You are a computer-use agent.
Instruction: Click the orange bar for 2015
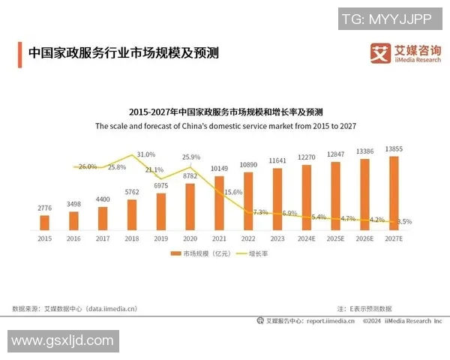44,222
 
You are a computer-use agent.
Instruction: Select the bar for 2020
190,206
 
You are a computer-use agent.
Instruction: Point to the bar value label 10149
218,168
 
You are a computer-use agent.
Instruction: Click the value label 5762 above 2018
132,192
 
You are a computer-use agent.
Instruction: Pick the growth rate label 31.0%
145,154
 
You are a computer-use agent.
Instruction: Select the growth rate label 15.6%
233,192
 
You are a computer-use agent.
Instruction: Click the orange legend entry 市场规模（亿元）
202,254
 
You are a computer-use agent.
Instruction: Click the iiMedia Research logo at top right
405,52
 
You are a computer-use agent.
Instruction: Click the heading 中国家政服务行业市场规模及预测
124,54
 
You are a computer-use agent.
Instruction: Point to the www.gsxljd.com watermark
61,341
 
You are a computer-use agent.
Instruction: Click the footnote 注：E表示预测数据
364,308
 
